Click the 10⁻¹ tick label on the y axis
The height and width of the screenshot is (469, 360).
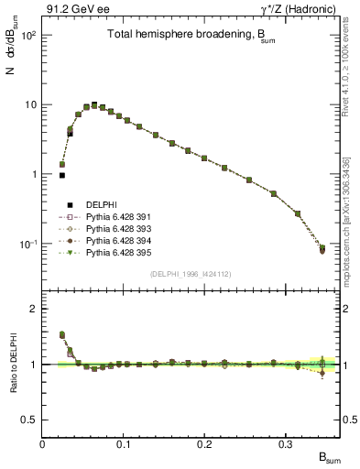[27, 245]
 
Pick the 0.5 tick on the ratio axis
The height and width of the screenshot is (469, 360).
[29, 420]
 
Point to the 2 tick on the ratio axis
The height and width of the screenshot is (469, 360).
[33, 309]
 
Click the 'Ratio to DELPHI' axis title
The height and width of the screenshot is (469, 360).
[12, 364]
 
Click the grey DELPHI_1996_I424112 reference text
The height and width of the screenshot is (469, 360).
[189, 273]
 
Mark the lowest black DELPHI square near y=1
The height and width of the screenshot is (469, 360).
[62, 175]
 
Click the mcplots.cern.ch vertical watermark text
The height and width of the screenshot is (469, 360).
[352, 220]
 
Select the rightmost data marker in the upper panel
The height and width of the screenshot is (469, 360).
[322, 249]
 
